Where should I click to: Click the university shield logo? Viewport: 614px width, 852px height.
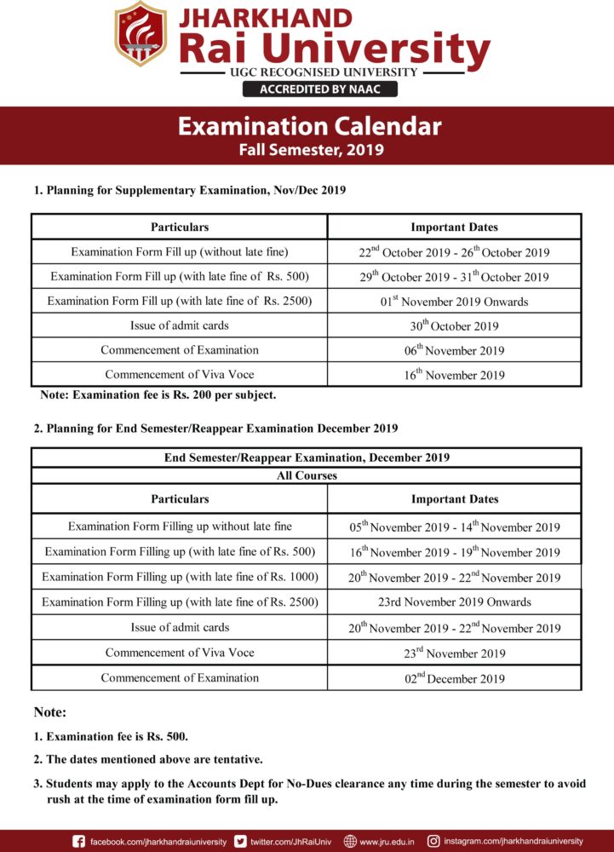(141, 35)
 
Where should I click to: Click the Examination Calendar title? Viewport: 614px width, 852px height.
(309, 127)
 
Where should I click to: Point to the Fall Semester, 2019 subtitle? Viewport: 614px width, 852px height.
(310, 151)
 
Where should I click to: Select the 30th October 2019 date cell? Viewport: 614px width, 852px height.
(454, 325)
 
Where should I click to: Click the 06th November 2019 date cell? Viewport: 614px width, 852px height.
(454, 350)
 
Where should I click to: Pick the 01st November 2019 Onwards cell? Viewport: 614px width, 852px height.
(454, 302)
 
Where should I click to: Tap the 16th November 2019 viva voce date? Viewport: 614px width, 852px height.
(454, 375)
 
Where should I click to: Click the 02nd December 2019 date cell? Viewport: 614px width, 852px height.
(454, 678)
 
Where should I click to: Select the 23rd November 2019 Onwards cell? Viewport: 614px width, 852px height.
(454, 602)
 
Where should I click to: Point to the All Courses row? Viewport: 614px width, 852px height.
(307, 475)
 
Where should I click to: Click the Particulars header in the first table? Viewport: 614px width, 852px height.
(180, 227)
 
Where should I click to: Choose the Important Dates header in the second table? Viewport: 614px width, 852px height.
(454, 499)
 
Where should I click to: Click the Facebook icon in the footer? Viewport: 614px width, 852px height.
(79, 841)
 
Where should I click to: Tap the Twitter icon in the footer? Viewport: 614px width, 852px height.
(241, 841)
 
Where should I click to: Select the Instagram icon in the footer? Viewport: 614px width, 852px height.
(433, 841)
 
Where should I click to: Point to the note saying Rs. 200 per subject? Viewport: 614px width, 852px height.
(158, 395)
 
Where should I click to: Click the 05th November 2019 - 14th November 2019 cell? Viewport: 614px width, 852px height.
(454, 527)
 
